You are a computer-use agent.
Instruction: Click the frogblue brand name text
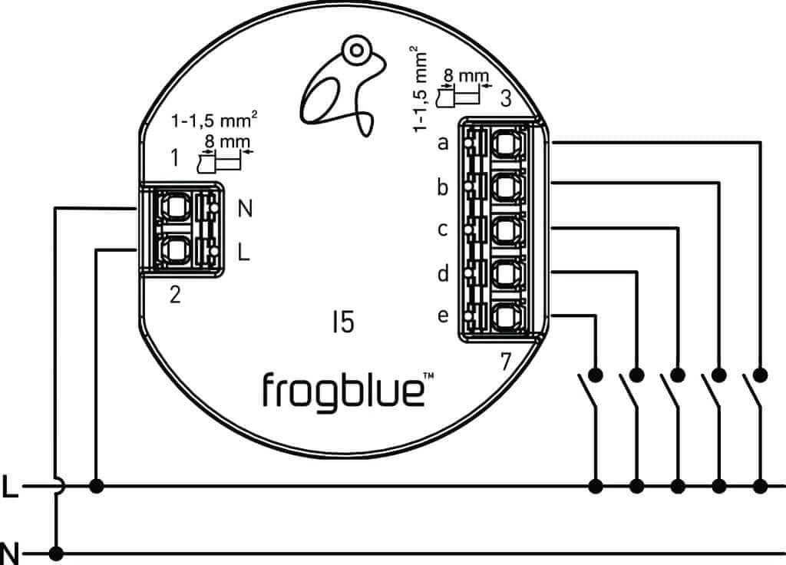click(x=342, y=390)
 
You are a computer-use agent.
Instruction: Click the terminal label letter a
click(x=443, y=144)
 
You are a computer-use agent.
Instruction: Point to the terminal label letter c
click(x=443, y=229)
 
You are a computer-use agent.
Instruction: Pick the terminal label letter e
click(x=443, y=316)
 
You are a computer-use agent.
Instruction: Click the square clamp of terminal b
click(x=506, y=186)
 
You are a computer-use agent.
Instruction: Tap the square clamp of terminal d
click(x=506, y=273)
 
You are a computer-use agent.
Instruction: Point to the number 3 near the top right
click(x=506, y=99)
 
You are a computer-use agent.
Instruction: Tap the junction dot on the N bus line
click(x=55, y=552)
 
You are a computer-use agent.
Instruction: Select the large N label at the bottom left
click(x=10, y=552)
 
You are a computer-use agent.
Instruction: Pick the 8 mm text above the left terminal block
click(x=222, y=141)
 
